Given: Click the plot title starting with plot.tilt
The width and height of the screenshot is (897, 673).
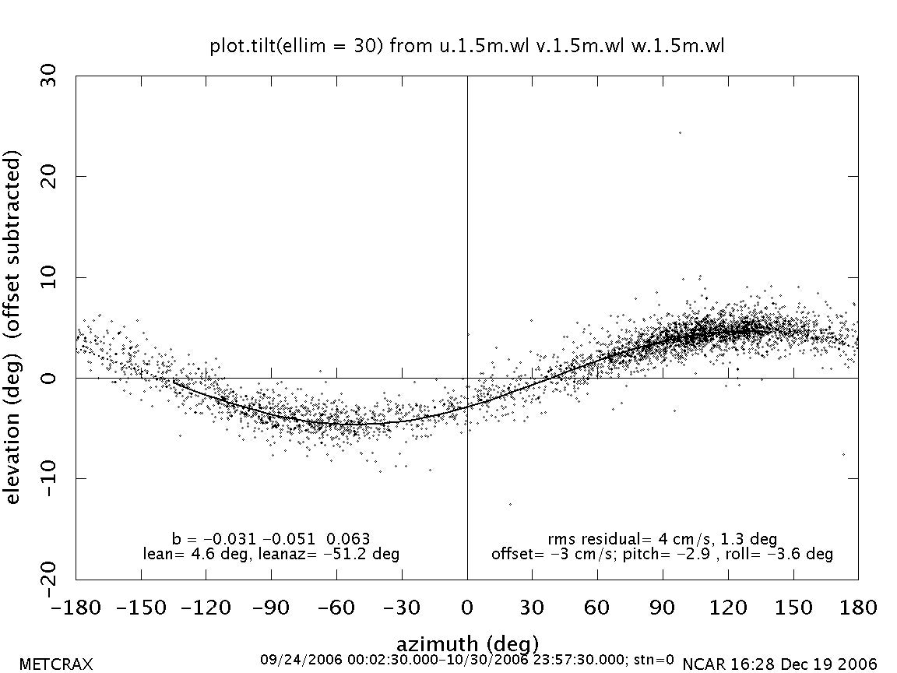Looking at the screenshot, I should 467,47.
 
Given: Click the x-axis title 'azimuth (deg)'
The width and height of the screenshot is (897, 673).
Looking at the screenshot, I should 467,644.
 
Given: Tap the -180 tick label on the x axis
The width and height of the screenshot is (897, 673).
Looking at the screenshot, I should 76,608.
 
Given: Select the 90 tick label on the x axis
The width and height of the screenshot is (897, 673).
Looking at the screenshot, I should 663,608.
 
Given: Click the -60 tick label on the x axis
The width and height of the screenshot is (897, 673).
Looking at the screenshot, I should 336,608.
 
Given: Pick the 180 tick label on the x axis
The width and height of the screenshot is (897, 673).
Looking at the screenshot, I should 858,608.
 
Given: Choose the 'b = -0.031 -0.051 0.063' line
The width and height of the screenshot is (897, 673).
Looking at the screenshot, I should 271,539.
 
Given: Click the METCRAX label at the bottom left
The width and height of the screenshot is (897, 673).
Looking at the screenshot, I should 55,664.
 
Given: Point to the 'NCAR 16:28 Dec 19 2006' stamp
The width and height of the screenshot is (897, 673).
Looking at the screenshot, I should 779,664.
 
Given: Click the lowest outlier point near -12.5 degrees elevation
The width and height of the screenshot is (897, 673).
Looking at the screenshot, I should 511,504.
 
